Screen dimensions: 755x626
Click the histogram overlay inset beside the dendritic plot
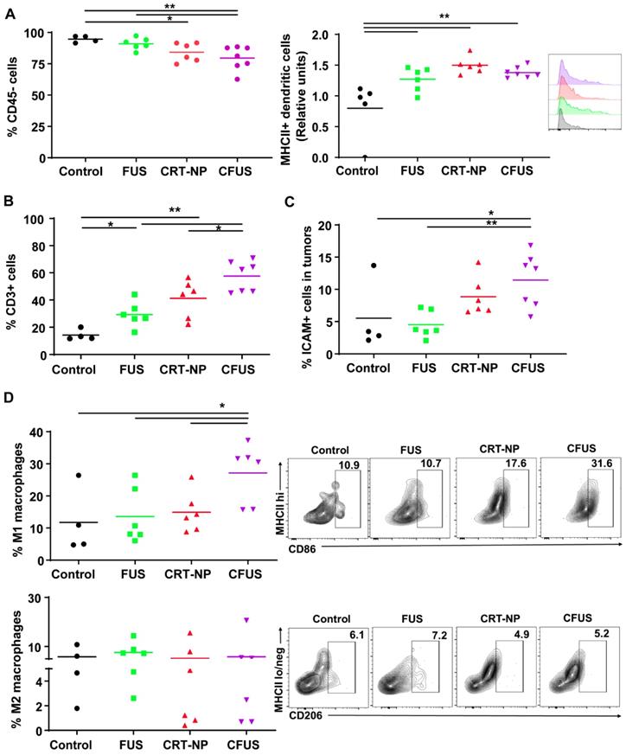pos(573,94)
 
